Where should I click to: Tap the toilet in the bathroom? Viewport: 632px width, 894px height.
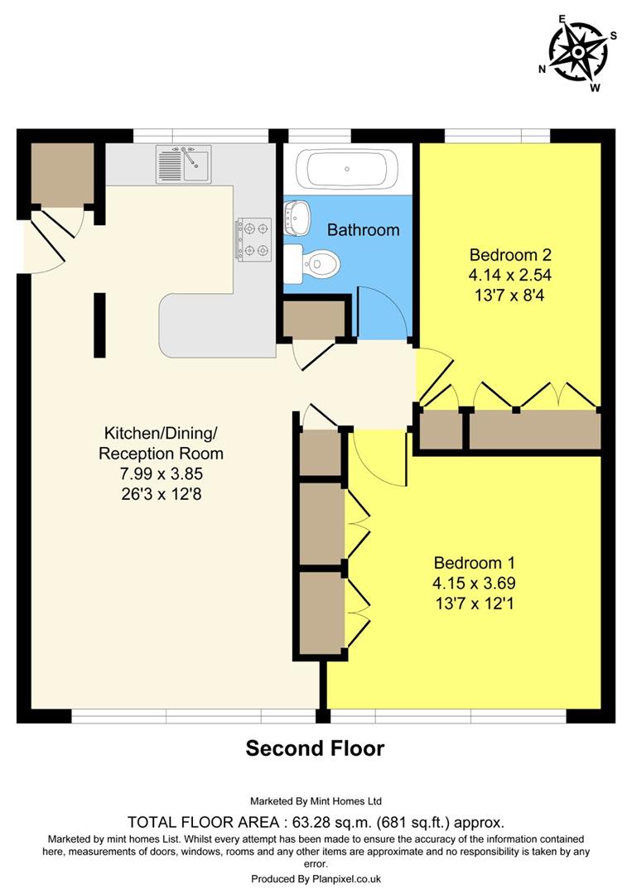319,264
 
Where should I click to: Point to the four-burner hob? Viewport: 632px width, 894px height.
254,238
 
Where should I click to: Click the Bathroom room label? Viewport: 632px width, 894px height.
363,230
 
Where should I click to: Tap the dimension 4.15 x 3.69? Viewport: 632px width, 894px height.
467,583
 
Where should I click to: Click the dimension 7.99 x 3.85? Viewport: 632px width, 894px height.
161,474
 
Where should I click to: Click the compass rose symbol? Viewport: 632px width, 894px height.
578,52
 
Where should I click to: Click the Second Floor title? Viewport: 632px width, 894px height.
315,748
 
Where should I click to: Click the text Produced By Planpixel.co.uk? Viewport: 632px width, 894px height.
316,879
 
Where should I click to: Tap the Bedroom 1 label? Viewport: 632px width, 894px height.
467,563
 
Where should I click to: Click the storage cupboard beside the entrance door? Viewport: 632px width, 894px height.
62,174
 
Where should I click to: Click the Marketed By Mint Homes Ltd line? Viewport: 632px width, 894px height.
316,801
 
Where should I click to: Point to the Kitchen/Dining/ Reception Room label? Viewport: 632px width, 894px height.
161,443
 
